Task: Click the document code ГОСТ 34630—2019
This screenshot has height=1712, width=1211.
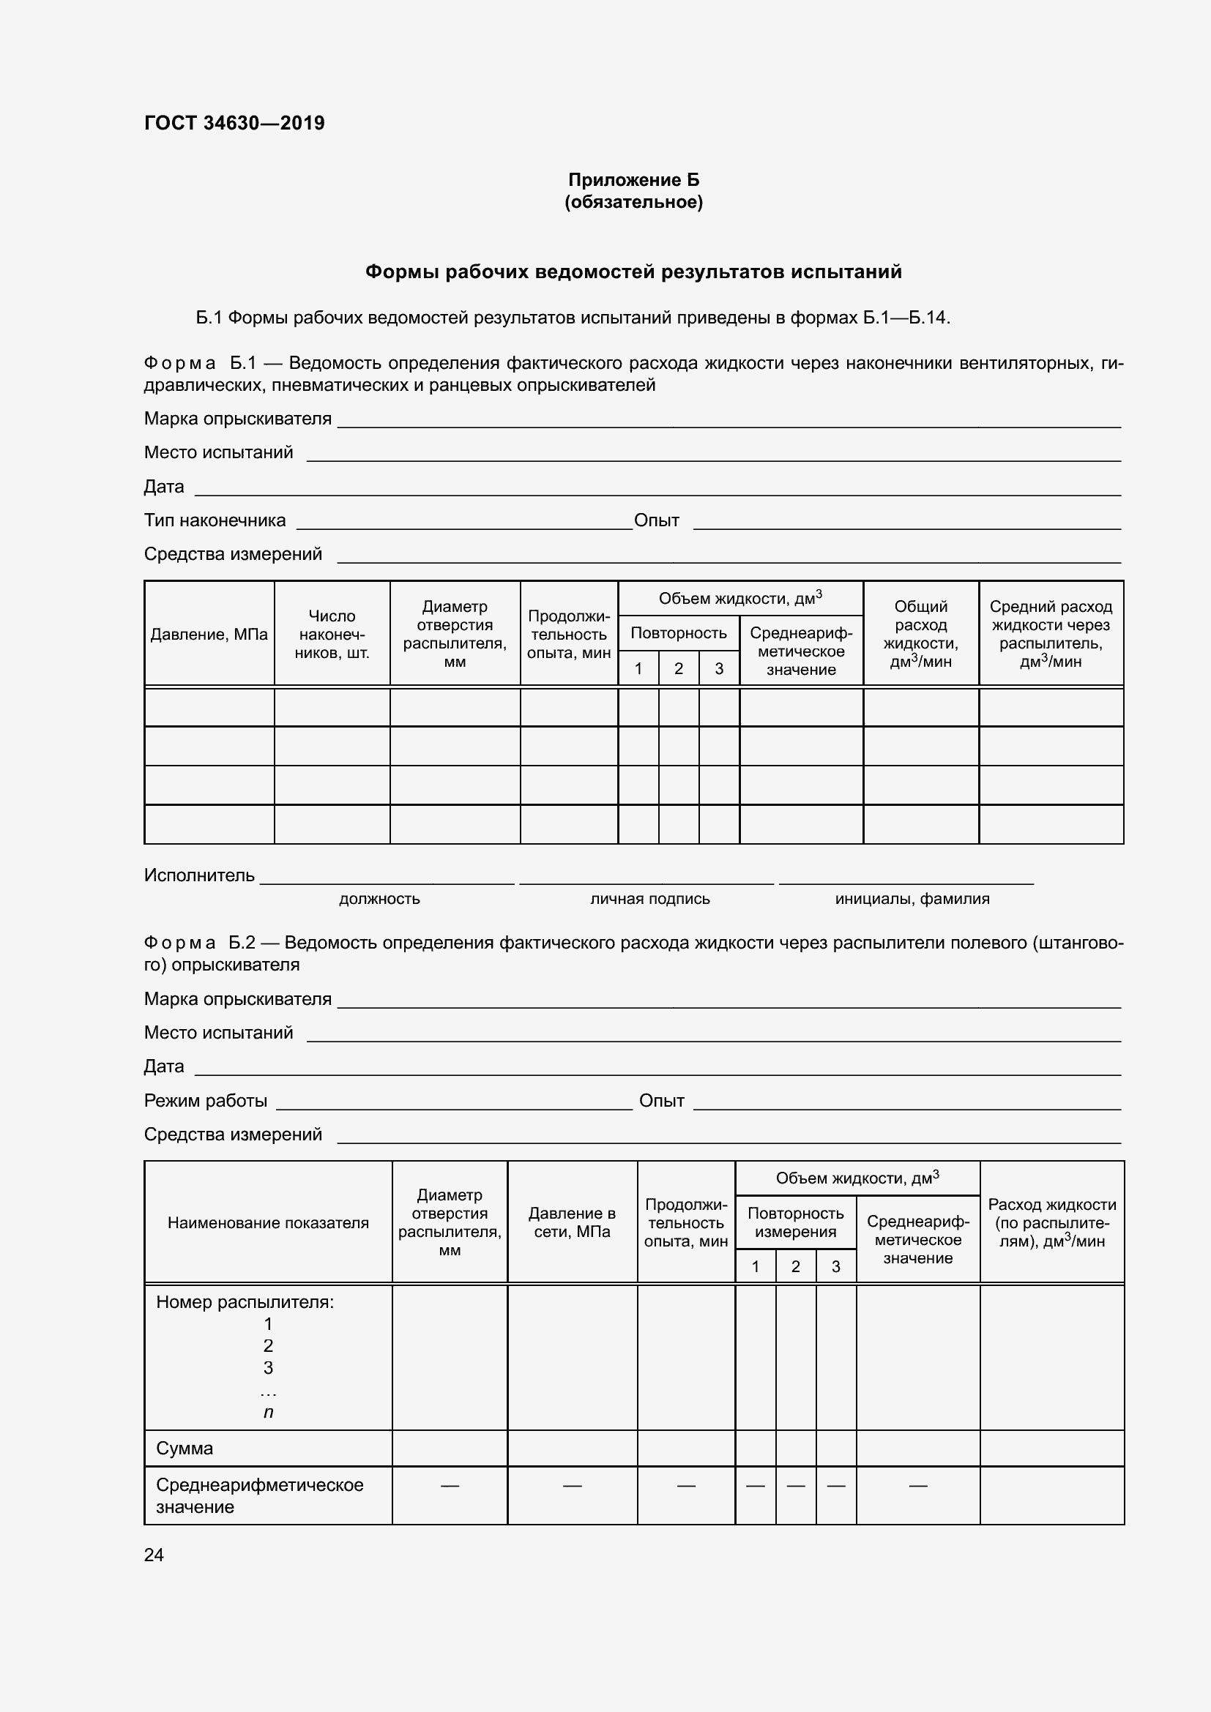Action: tap(234, 123)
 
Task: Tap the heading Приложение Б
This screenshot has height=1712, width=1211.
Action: tap(633, 180)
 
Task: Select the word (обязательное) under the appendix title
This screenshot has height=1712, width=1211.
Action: tap(633, 202)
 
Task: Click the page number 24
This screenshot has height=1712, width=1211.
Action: tap(154, 1555)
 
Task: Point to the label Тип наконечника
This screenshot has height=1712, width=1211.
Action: tap(215, 520)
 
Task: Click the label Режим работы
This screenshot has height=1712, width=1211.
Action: tap(205, 1101)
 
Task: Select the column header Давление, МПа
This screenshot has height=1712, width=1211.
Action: tap(209, 635)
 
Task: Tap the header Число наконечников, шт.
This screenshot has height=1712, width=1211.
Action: tap(332, 635)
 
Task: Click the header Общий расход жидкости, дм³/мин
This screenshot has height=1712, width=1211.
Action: tap(920, 634)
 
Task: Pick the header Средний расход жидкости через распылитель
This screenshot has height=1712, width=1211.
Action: tap(1051, 634)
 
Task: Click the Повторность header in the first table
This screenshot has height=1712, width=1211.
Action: tap(679, 633)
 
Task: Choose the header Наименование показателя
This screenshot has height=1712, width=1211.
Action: tap(268, 1223)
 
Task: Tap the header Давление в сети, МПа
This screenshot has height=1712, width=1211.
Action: tap(572, 1223)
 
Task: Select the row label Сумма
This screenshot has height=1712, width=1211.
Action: tap(185, 1448)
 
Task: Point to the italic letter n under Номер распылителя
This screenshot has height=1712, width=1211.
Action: tap(269, 1411)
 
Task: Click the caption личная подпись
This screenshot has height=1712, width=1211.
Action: tap(649, 900)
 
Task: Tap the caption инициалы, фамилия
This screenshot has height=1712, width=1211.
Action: tap(912, 900)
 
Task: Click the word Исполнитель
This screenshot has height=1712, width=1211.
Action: tap(199, 875)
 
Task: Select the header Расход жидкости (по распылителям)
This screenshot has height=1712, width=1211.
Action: tap(1051, 1223)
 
